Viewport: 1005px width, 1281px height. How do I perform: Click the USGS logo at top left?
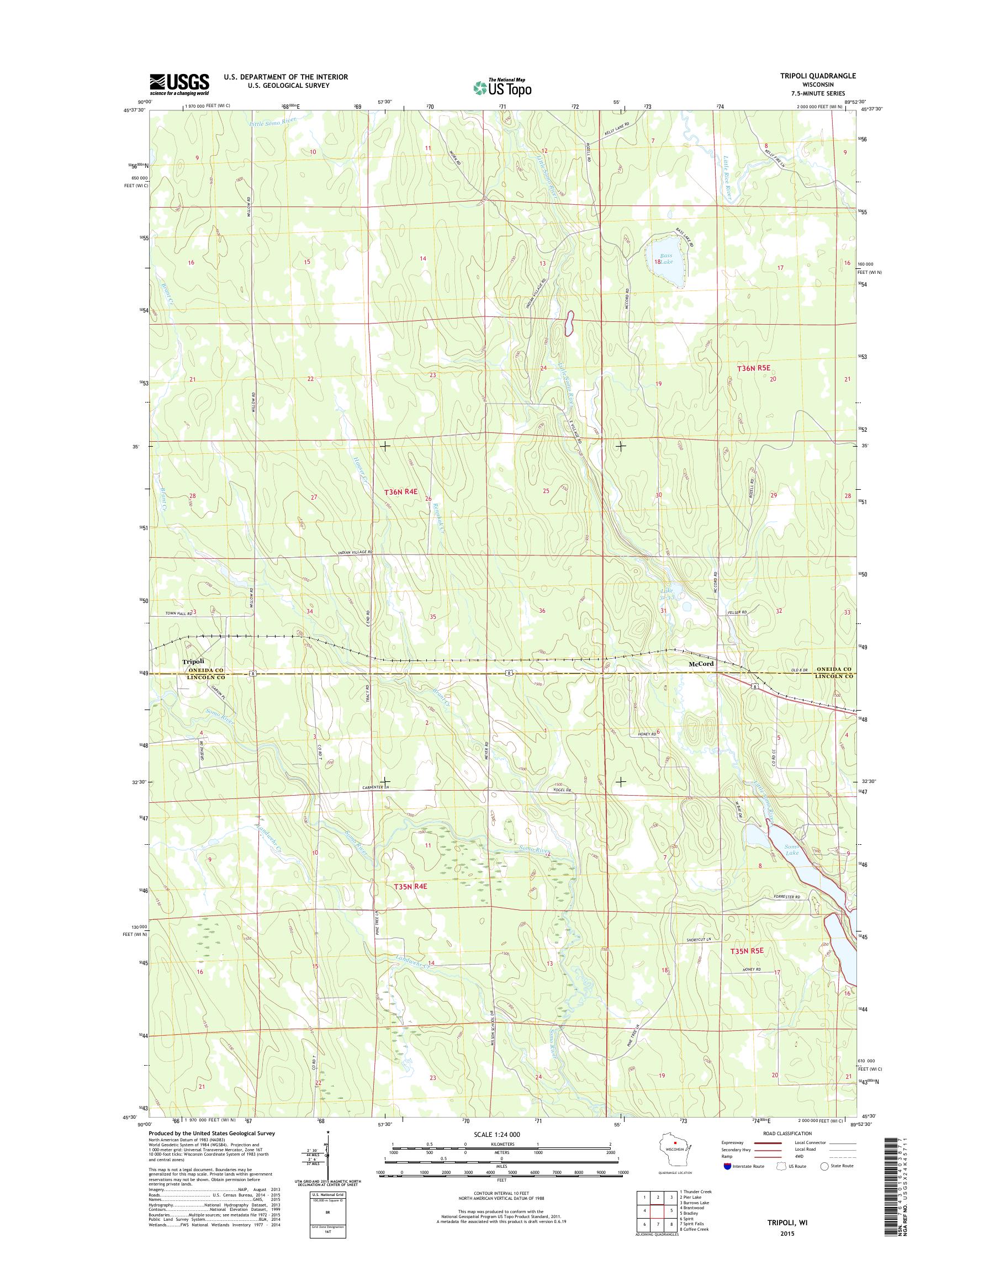pyautogui.click(x=179, y=84)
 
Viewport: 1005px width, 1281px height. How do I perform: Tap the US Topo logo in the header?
pyautogui.click(x=503, y=88)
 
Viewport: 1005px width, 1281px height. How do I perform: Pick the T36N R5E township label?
pyautogui.click(x=754, y=367)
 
